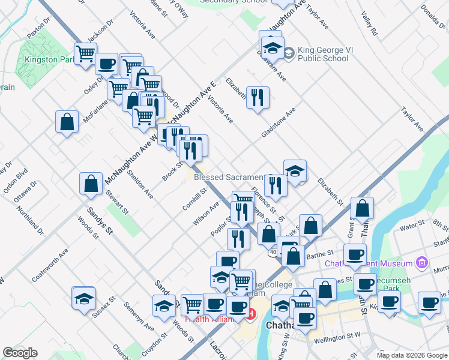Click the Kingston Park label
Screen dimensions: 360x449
point(49,60)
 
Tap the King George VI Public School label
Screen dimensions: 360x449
point(322,54)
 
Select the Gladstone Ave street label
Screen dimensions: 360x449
point(279,124)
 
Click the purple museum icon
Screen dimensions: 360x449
point(422,263)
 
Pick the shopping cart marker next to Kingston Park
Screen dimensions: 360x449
point(85,54)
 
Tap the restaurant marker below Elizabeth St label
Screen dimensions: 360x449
point(258,98)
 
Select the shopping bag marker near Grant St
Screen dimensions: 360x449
point(363,208)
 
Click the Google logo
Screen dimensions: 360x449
point(20,353)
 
